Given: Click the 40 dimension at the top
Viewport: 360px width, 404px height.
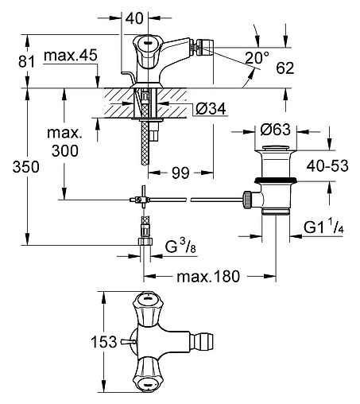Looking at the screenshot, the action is (x=134, y=18).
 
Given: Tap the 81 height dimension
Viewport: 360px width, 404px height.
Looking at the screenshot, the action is (x=26, y=62).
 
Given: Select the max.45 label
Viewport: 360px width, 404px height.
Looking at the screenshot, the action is (x=71, y=56).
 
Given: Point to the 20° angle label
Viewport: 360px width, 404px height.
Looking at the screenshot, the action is (x=257, y=57).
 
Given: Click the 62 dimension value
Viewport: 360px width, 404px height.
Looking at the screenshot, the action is (x=285, y=68).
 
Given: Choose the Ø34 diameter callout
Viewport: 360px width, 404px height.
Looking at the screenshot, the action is (x=211, y=109).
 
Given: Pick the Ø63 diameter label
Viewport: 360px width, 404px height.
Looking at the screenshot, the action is (x=275, y=130).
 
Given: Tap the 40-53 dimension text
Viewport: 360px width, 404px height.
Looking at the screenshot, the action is (x=327, y=166).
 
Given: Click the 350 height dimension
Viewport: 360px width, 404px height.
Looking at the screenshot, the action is (x=26, y=167).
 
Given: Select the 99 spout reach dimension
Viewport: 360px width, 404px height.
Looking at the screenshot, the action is (x=180, y=173).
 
